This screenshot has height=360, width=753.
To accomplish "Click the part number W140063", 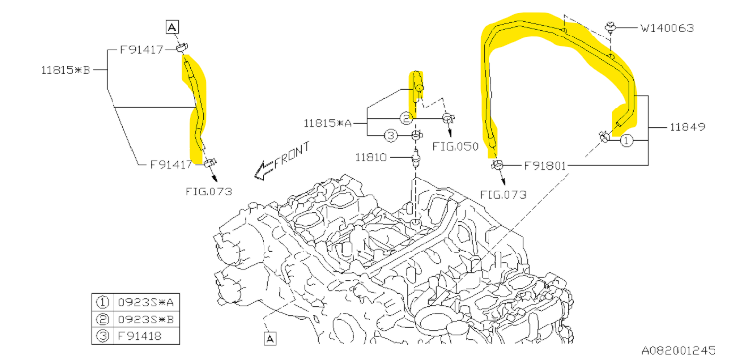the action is pos(667,28).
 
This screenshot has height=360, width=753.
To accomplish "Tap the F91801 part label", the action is pos(545,166).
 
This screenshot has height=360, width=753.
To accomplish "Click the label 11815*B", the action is pos(66,70).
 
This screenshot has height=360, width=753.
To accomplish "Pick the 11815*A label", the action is pos(328,123).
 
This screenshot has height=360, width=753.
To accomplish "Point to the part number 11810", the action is pos(372,157).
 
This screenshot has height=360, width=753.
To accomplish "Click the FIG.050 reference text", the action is pos(455,146).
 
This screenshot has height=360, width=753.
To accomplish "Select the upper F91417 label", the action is pos(142,49).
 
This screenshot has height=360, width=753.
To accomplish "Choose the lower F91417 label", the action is pos(171,164).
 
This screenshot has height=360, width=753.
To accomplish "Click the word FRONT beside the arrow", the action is pos(292,156).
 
